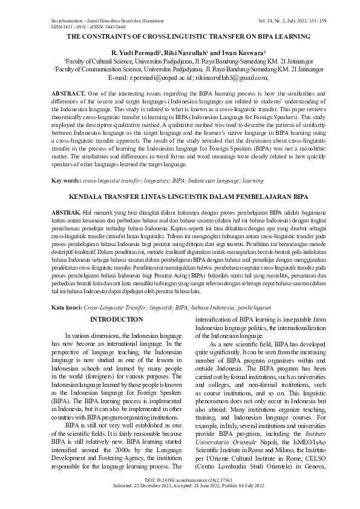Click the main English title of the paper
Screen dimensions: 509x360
click(180, 37)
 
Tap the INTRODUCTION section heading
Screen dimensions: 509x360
click(117, 319)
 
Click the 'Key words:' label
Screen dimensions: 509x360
click(66, 181)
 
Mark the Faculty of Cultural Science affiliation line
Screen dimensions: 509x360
click(180, 61)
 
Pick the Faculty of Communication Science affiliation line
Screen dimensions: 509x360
click(180, 70)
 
